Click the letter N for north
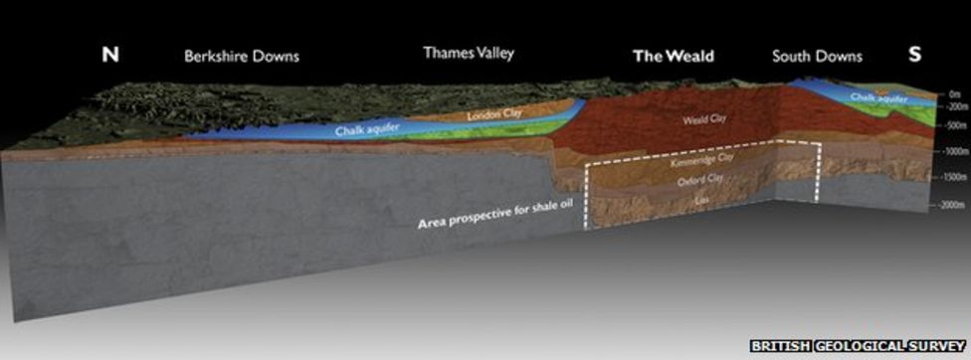tap(110, 56)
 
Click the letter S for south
tap(913, 56)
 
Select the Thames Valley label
tap(469, 53)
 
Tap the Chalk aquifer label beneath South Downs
tap(882, 96)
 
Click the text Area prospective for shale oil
tap(495, 215)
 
